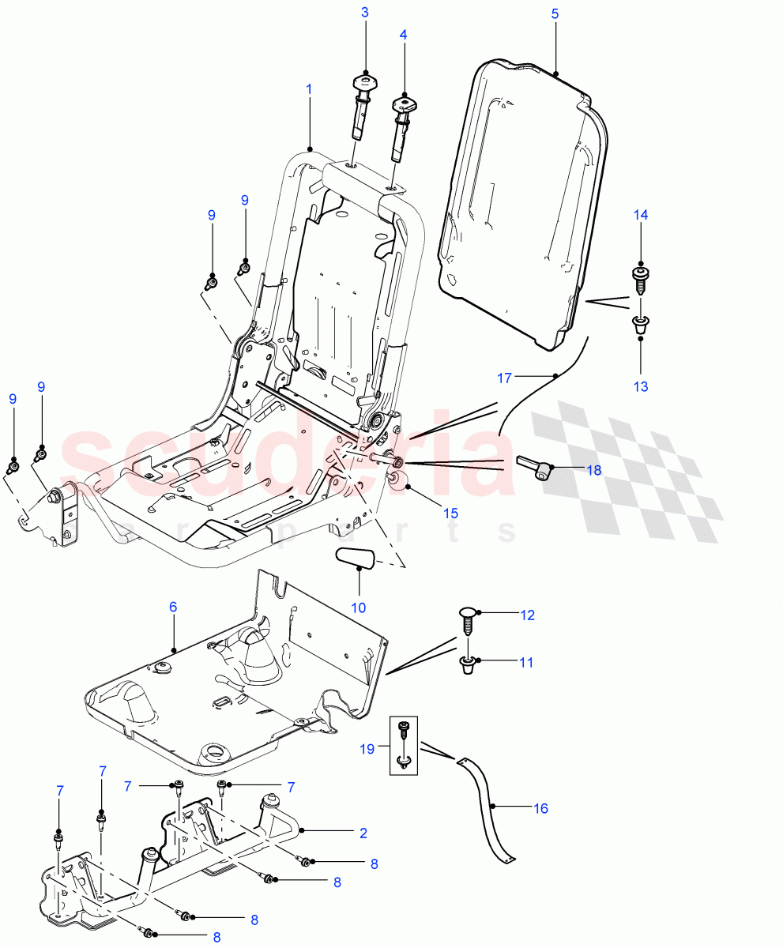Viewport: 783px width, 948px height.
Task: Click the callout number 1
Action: click(x=309, y=89)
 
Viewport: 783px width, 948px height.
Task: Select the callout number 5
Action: click(x=555, y=14)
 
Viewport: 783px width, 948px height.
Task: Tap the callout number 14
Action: click(x=640, y=215)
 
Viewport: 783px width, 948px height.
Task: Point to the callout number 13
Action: click(x=640, y=386)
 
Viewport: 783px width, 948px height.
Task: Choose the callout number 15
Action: click(x=450, y=513)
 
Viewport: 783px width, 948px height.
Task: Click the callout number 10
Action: click(x=359, y=608)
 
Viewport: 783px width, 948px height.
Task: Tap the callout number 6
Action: click(x=173, y=607)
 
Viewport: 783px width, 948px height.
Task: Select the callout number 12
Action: click(x=527, y=614)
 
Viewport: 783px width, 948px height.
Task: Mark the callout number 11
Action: click(x=526, y=662)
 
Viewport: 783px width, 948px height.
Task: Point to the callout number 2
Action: click(x=363, y=833)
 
